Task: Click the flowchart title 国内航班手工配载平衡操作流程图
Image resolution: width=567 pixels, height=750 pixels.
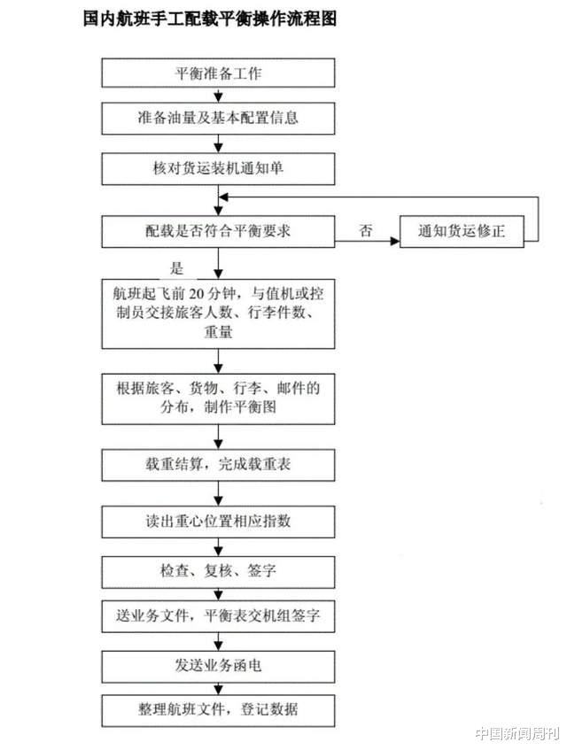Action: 210,19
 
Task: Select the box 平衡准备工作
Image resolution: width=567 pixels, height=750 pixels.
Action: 218,73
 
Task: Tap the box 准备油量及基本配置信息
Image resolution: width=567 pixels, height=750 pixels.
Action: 218,118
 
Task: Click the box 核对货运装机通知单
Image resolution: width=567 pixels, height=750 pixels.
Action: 218,168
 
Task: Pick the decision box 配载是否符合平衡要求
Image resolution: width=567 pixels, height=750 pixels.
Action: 218,231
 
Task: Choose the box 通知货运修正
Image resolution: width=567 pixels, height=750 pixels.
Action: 462,231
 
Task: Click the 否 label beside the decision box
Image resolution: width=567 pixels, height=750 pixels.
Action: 366,230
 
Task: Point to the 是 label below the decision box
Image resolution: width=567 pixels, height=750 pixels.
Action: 177,267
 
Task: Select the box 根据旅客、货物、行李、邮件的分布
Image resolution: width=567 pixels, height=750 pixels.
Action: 218,399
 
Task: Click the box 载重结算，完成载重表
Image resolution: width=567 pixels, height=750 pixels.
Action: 218,465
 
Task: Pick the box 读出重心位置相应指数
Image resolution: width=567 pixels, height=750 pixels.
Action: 218,522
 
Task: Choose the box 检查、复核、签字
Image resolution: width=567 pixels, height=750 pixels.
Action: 218,571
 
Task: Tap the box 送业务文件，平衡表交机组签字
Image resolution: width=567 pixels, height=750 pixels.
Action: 218,616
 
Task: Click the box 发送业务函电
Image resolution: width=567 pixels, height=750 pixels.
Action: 218,666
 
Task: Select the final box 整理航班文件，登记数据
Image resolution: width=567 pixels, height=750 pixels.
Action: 218,711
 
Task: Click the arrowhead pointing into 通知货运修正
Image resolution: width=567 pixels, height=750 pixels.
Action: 395,241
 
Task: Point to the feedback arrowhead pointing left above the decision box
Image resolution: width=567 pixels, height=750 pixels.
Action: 223,197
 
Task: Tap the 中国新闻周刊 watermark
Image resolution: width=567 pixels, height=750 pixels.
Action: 517,733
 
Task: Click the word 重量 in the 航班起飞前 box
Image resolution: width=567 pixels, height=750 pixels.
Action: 218,331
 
